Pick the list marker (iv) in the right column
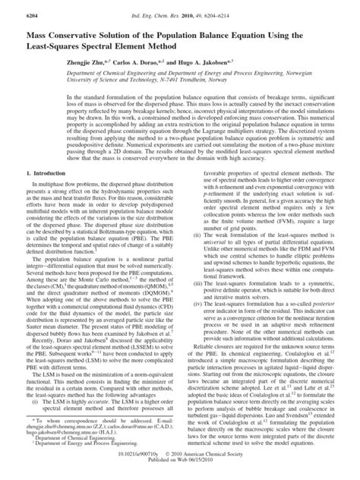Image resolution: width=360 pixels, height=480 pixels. click(x=197, y=327)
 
